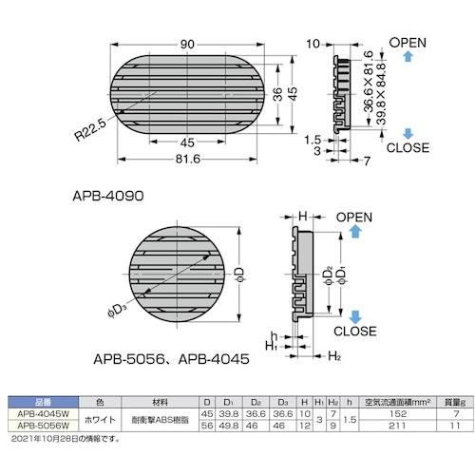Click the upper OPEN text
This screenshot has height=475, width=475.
pos(408,42)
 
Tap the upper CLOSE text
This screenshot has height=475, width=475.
pos(408,148)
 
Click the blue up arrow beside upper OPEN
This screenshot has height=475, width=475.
pos(407,58)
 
